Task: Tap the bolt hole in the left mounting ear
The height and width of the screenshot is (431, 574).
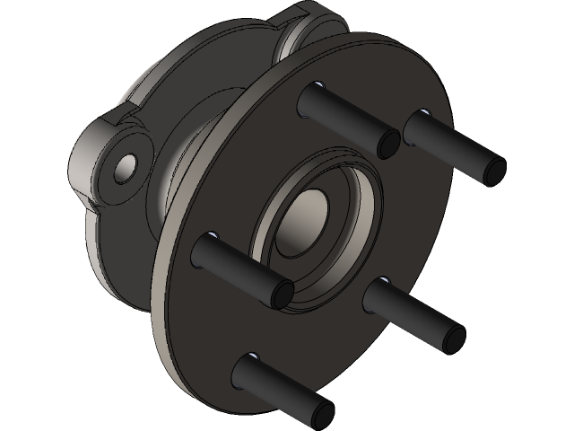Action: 126,165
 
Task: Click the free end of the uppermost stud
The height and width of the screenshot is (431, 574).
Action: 388,143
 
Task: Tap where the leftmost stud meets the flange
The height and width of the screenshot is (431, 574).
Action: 206,242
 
